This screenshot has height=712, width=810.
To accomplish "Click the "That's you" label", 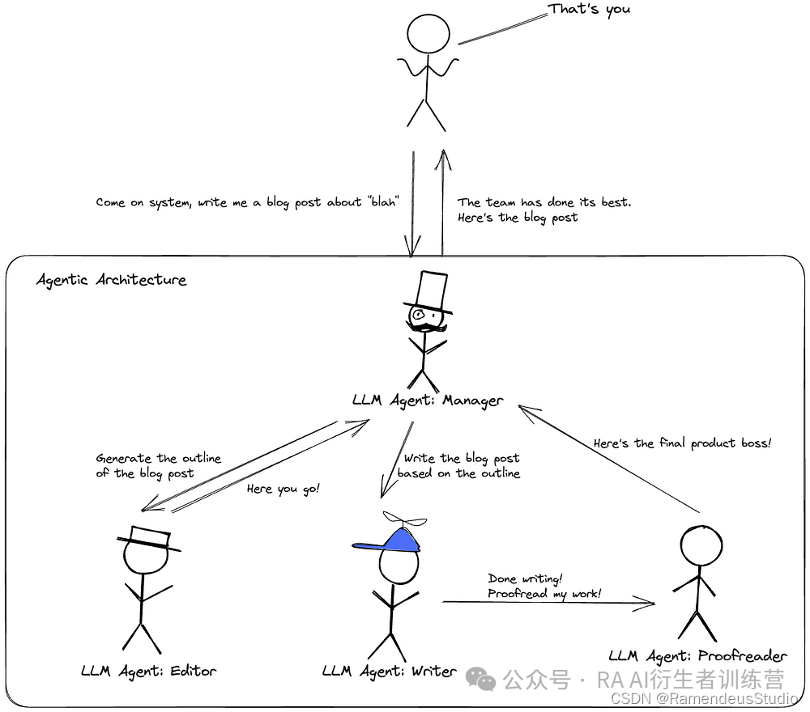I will click(x=589, y=10).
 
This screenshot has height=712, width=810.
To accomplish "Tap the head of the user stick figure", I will click(x=428, y=34).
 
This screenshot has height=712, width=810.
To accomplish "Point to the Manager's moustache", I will click(x=427, y=328).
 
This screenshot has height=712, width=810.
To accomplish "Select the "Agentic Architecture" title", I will click(x=112, y=280).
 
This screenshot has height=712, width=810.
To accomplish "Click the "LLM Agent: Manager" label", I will click(x=428, y=400).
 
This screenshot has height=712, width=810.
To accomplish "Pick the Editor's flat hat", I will click(x=146, y=538).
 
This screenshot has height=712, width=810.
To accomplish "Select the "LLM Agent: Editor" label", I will click(x=149, y=671).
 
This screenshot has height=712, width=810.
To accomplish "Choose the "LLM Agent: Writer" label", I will click(x=389, y=671).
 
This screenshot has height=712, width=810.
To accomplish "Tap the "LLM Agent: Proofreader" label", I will click(x=697, y=655).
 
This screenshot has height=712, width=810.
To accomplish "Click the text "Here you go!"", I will click(x=283, y=489).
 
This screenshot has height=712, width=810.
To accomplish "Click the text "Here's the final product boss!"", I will click(x=682, y=443).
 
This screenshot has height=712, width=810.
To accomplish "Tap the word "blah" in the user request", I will click(x=382, y=202).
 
